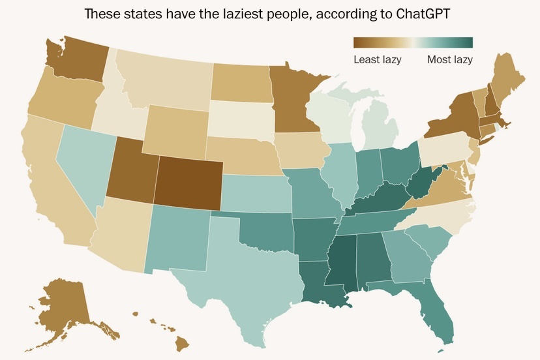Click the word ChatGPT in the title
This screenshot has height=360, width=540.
click(425, 14)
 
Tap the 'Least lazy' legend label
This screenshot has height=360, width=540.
click(377, 60)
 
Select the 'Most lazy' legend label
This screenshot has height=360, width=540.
click(449, 60)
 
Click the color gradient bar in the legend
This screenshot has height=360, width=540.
click(412, 43)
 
